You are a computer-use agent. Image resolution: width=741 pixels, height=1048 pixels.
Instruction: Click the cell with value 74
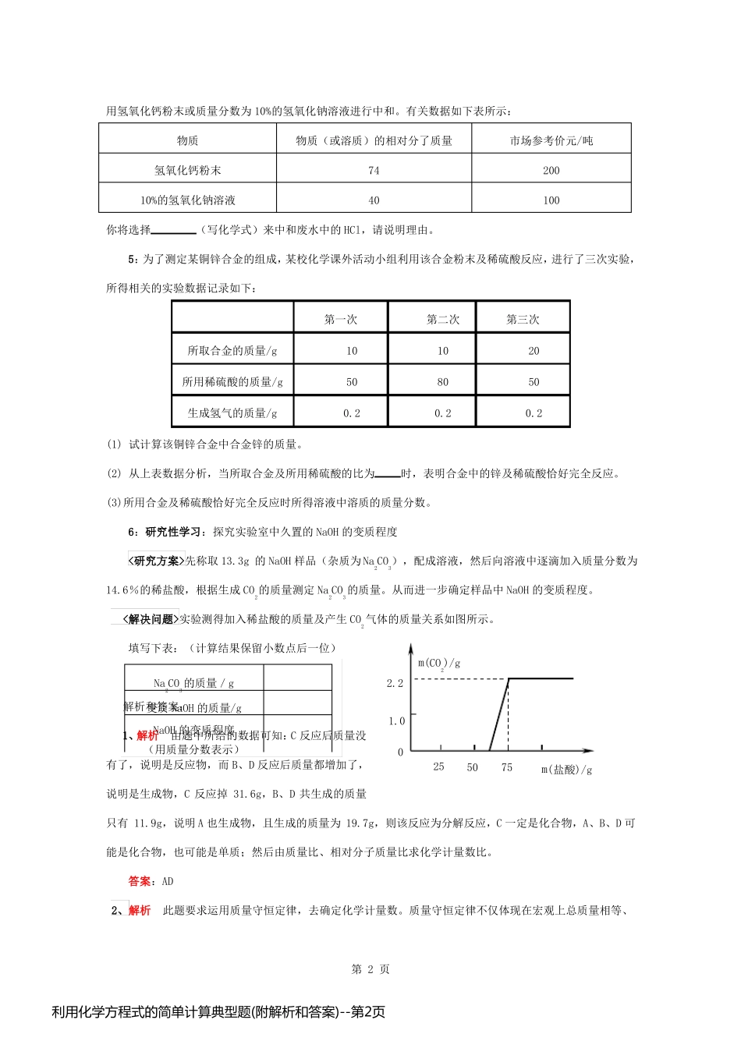[374, 170]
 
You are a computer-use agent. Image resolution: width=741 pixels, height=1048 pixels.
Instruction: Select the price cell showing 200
[551, 170]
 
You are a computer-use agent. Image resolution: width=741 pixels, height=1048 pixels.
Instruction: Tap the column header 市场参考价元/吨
[551, 140]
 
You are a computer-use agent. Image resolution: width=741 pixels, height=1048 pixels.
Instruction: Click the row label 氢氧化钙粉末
[187, 170]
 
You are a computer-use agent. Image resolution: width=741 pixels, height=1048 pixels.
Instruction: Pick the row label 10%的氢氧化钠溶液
[187, 200]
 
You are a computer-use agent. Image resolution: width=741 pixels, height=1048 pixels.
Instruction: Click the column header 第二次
[442, 319]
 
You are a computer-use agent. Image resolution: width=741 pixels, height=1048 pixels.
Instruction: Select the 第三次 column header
[523, 319]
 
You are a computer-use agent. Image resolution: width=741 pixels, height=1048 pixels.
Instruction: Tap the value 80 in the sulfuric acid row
[442, 382]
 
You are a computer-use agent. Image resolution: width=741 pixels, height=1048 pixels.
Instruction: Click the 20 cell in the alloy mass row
[534, 351]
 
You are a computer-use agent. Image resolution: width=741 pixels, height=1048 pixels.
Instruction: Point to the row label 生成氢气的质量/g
[232, 413]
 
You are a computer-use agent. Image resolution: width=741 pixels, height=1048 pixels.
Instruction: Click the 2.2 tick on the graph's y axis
[395, 683]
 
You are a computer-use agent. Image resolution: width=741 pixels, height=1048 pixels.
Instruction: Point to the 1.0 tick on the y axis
[396, 720]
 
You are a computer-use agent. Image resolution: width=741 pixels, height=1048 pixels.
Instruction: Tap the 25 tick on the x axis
[438, 767]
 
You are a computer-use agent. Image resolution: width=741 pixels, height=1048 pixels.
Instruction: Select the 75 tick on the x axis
[507, 767]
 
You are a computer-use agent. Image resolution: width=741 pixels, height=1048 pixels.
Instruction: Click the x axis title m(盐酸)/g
[566, 770]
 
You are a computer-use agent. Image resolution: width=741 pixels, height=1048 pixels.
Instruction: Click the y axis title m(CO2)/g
[438, 664]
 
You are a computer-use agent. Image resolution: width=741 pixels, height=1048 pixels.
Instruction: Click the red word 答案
[140, 881]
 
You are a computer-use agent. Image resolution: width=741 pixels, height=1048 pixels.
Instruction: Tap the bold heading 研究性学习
[173, 532]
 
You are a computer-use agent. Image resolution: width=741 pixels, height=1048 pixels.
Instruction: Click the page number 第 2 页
[370, 969]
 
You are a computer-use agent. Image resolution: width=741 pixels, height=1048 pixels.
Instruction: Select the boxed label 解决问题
[150, 619]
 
